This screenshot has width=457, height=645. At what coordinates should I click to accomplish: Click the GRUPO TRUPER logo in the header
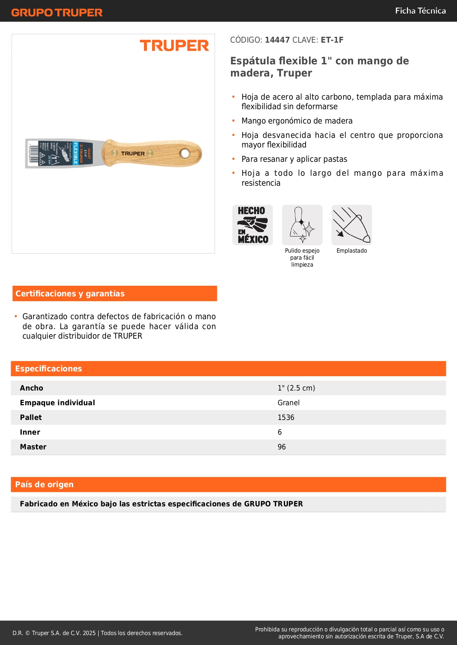click(57, 13)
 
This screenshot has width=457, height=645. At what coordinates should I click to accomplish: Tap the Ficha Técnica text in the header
click(420, 11)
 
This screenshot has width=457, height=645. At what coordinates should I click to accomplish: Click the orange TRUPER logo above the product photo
click(174, 46)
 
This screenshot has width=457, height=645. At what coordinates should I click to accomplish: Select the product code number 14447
click(277, 40)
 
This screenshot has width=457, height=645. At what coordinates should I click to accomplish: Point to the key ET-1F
click(332, 40)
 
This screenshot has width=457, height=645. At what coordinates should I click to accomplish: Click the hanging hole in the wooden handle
click(184, 153)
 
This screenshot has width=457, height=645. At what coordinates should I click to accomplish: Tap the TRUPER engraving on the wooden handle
click(133, 153)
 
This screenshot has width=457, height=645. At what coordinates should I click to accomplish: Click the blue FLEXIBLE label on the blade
click(75, 153)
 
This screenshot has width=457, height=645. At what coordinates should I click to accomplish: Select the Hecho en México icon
click(253, 225)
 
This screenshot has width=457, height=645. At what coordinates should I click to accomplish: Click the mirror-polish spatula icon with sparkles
click(302, 225)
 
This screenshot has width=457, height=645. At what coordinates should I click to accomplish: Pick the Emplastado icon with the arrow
click(352, 225)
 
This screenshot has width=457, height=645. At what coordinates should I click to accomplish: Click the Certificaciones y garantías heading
click(70, 293)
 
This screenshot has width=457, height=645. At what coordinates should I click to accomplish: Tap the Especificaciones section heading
click(49, 368)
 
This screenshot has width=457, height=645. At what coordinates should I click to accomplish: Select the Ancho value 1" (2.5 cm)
click(296, 388)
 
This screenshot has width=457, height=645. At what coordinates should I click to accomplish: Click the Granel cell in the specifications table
click(288, 403)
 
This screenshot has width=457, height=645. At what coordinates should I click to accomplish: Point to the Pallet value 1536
click(286, 417)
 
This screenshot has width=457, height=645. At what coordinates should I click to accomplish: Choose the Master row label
click(33, 447)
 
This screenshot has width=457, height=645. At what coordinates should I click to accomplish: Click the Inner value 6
click(280, 432)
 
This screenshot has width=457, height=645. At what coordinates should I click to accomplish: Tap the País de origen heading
click(44, 484)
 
